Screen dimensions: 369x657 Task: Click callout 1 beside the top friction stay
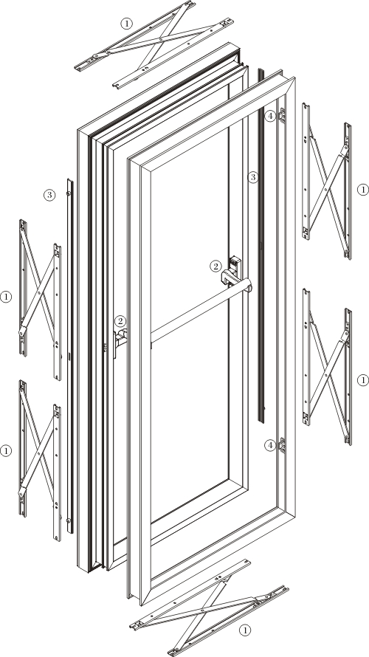point(126,24)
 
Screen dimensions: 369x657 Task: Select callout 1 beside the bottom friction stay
point(245,630)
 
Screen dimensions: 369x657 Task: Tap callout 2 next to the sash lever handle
point(215,266)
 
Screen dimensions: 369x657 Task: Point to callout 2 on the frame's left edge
point(120,321)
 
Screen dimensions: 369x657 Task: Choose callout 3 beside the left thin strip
point(49,195)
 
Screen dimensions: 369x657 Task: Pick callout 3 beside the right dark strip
point(252,177)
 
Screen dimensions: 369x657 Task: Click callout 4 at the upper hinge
point(270,116)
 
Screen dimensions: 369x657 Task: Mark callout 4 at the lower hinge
point(270,445)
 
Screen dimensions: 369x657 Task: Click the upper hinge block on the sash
point(283,116)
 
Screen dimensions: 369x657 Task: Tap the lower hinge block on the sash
point(283,445)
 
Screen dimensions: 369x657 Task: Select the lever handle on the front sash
point(232,273)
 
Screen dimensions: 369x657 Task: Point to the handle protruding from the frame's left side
point(120,340)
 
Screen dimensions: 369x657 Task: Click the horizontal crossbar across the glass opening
point(201,311)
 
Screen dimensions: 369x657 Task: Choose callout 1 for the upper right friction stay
point(362,190)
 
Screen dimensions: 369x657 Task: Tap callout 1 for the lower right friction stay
point(362,380)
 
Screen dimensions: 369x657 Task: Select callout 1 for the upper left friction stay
point(6,297)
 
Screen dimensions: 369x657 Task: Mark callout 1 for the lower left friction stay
point(6,451)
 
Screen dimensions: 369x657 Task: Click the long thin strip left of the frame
point(70,356)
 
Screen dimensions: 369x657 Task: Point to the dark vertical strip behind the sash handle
point(261,245)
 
